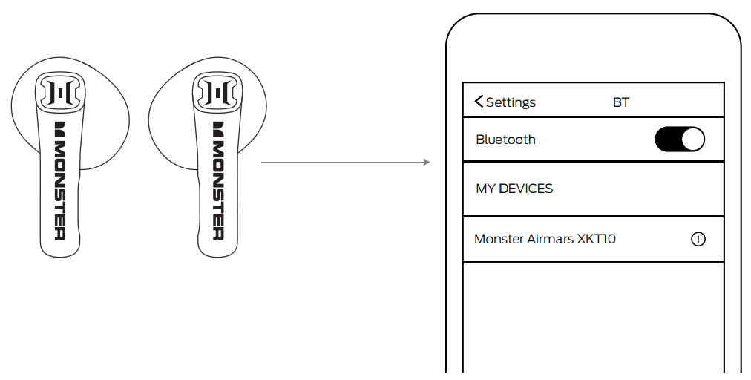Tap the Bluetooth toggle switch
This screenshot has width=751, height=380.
point(679,140)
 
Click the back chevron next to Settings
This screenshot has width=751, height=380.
point(479,102)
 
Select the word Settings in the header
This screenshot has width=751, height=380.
point(511,102)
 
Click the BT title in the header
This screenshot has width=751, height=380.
point(621,102)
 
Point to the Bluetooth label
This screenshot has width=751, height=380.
point(505,140)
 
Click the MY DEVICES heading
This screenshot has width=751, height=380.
point(514,189)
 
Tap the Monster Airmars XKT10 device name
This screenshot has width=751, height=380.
point(545,239)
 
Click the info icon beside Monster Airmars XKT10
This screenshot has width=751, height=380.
point(698,239)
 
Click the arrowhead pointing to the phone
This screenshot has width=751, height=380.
point(427,162)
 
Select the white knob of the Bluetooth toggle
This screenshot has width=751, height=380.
point(692,140)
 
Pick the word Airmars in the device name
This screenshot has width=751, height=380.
point(549,239)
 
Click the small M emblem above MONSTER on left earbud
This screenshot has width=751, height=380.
point(60,127)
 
